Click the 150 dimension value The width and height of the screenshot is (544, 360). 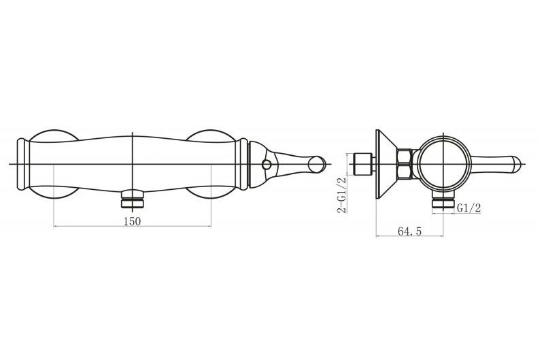[132, 221]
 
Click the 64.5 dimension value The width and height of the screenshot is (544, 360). [410, 231]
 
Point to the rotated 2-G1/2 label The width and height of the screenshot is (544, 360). [342, 195]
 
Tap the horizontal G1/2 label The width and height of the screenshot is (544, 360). [469, 208]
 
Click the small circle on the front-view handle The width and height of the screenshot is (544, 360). [267, 164]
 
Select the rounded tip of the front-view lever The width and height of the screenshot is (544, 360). [318, 164]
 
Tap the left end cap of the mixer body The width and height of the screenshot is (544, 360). [22, 164]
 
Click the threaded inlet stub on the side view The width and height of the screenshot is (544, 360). [364, 164]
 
